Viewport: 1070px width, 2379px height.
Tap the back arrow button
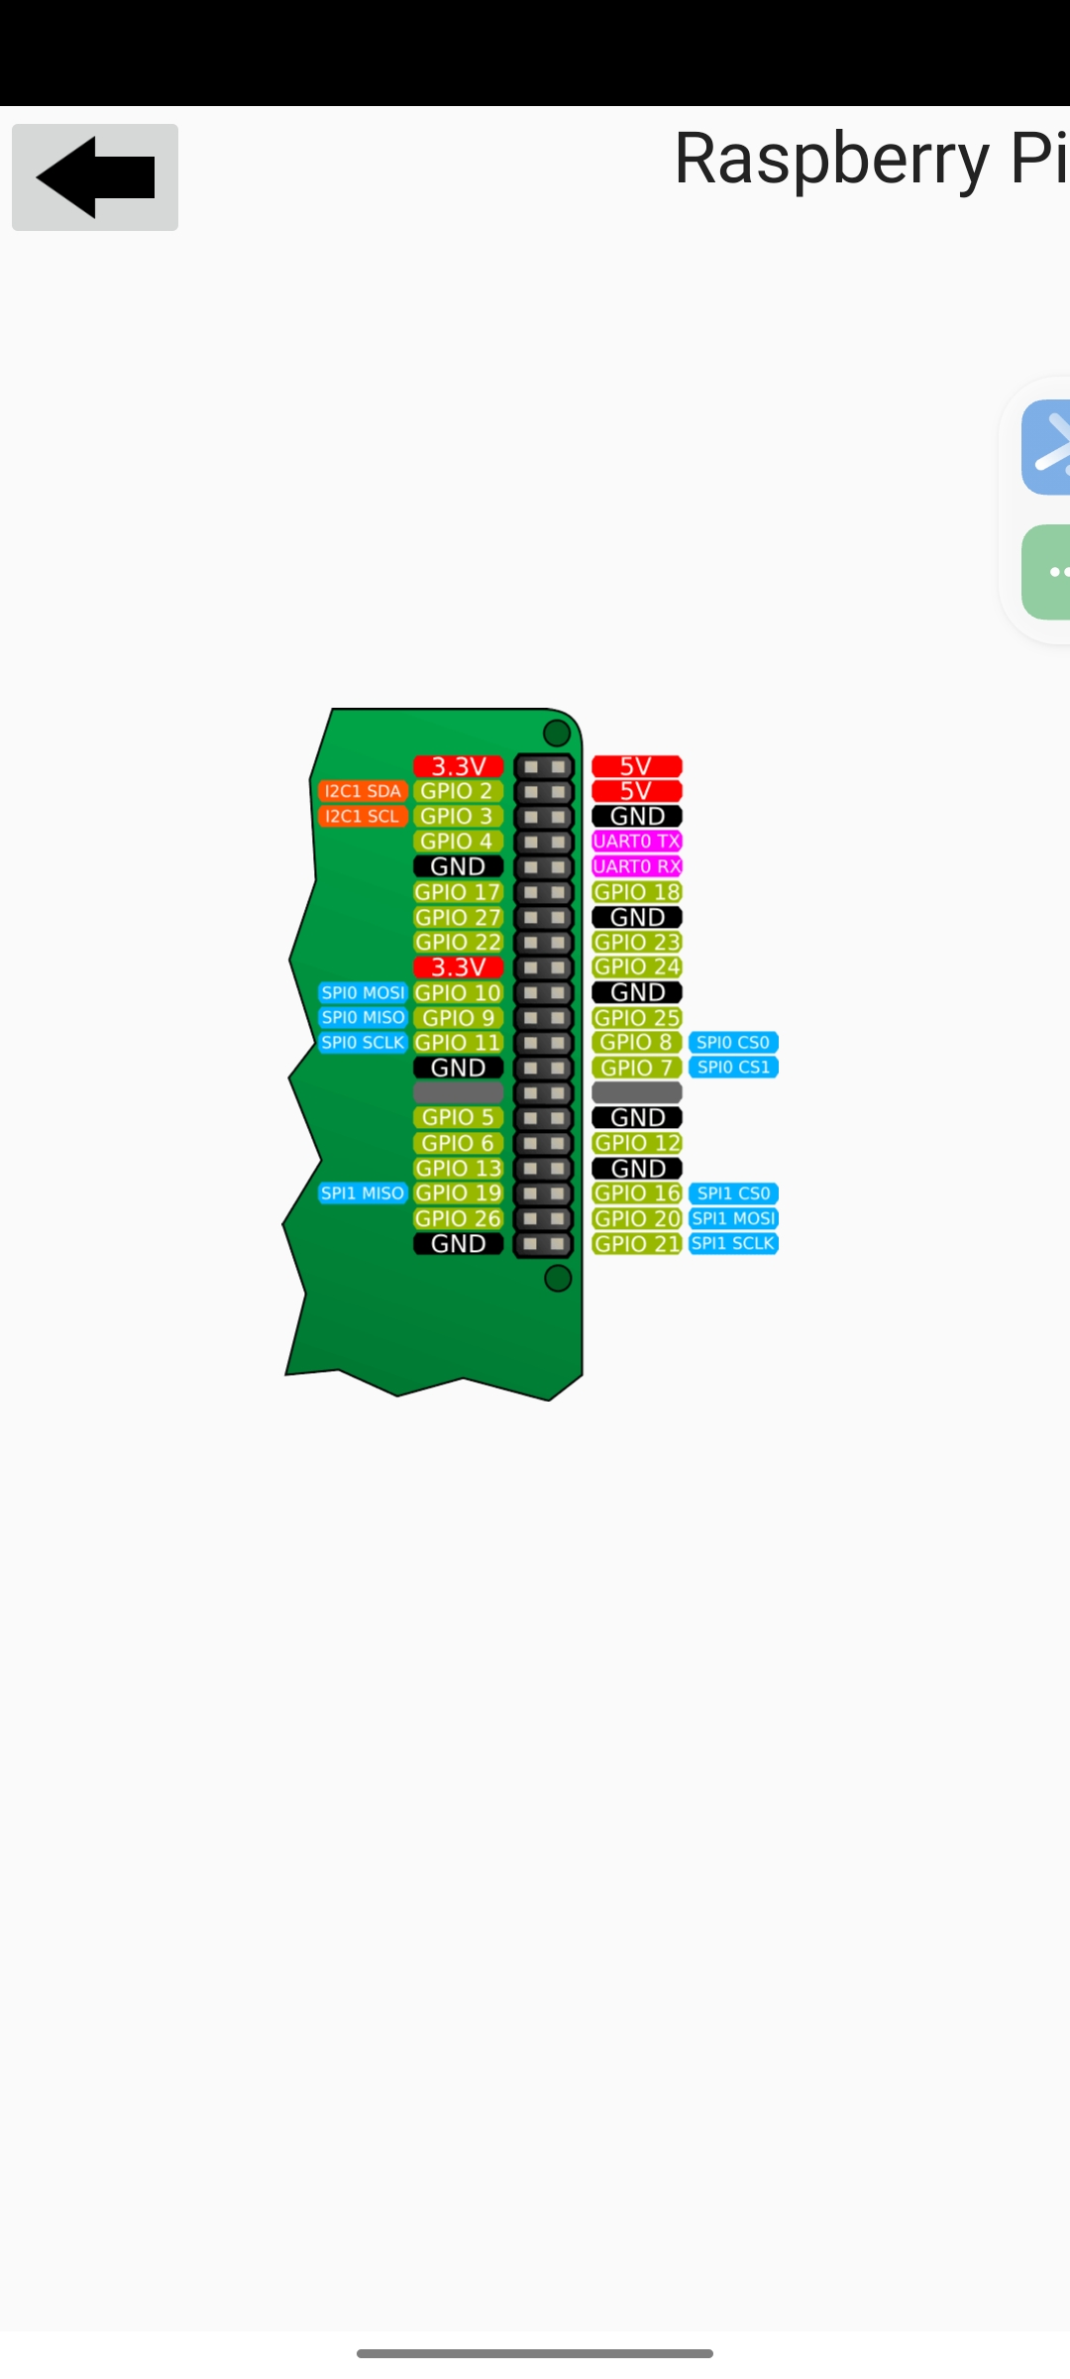pyautogui.click(x=95, y=177)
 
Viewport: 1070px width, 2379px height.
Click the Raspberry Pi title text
pyautogui.click(x=870, y=158)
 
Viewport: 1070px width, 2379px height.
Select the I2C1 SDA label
pyautogui.click(x=363, y=791)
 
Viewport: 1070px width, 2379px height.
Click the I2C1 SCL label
pyautogui.click(x=363, y=816)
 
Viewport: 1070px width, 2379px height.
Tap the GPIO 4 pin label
pyautogui.click(x=458, y=842)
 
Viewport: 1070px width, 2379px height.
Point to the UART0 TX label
pyautogui.click(x=637, y=842)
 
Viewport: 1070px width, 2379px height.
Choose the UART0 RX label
pyautogui.click(x=637, y=866)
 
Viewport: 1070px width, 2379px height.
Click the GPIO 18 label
pyautogui.click(x=637, y=892)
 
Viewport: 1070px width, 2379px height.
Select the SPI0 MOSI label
pyautogui.click(x=363, y=992)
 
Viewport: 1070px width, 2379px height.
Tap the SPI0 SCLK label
pyautogui.click(x=363, y=1043)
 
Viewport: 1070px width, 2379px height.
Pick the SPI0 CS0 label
pyautogui.click(x=733, y=1043)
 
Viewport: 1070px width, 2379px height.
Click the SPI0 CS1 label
pyautogui.click(x=733, y=1068)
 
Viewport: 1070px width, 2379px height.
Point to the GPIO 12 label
pyautogui.click(x=637, y=1143)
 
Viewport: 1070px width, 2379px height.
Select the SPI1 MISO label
pyautogui.click(x=363, y=1193)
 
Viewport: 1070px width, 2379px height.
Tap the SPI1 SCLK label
pyautogui.click(x=733, y=1244)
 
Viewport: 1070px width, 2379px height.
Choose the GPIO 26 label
pyautogui.click(x=458, y=1218)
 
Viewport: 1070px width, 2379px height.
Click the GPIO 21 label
pyautogui.click(x=637, y=1244)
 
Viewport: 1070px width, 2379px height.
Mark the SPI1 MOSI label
pyautogui.click(x=733, y=1218)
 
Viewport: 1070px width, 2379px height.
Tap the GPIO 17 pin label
pyautogui.click(x=458, y=892)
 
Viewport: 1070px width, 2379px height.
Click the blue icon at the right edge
pyautogui.click(x=1046, y=447)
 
